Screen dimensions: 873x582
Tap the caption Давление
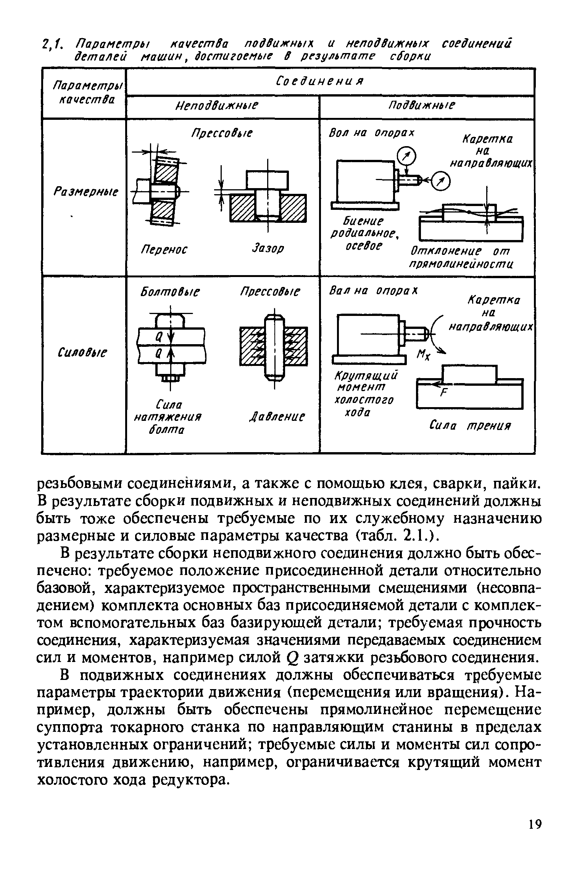tap(277, 416)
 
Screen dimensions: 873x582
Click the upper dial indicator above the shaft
tap(406, 155)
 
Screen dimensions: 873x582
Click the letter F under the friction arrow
tap(442, 394)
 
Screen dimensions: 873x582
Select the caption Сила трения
tap(470, 425)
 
